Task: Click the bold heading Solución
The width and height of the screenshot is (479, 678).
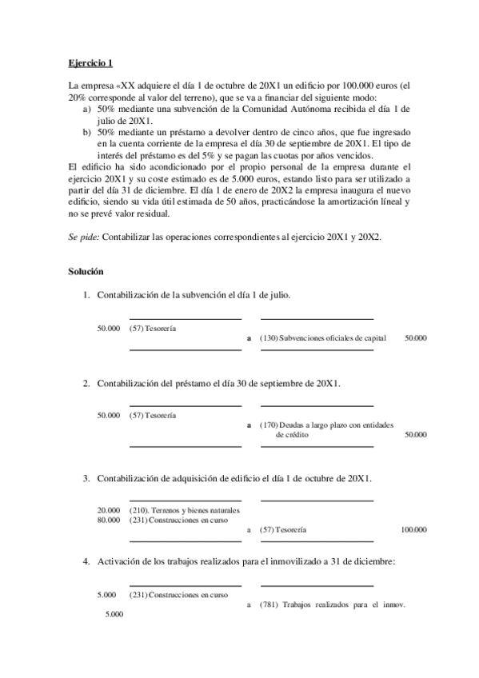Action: (87, 273)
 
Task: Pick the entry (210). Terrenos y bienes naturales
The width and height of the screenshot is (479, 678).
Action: (183, 510)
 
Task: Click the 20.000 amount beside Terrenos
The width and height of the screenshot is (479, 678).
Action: (108, 510)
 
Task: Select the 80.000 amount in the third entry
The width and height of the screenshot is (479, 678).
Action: (108, 520)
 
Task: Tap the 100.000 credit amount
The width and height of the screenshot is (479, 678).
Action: (413, 529)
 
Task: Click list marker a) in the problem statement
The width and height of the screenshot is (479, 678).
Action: (87, 107)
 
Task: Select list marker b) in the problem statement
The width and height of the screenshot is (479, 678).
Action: (87, 130)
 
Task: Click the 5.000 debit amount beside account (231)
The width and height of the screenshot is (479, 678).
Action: (106, 596)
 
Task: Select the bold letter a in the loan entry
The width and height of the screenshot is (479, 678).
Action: (249, 425)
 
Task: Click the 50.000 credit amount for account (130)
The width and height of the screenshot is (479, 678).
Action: (415, 338)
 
